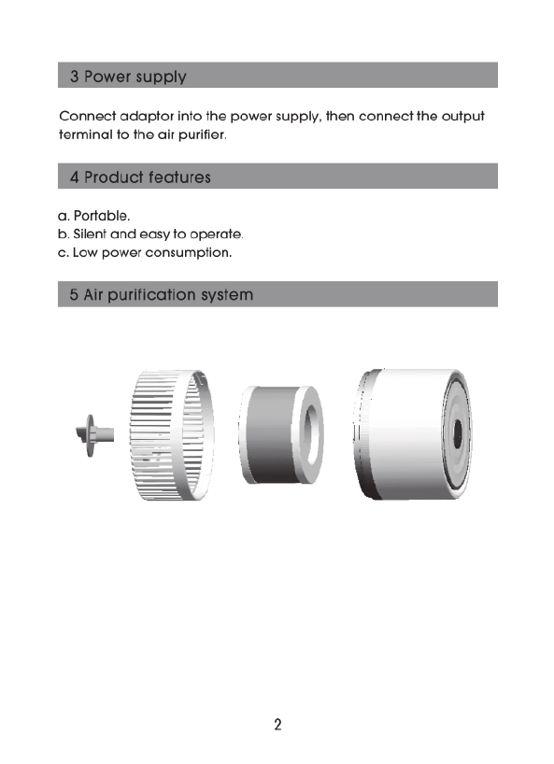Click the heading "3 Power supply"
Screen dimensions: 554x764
(x=128, y=77)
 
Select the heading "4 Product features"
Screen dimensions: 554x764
(x=140, y=177)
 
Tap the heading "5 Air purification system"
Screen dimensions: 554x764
(x=162, y=295)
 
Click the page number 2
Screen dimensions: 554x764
(x=277, y=725)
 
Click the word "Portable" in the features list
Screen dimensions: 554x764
(x=101, y=216)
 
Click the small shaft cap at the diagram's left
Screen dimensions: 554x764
(x=94, y=435)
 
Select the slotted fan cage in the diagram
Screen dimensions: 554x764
(x=172, y=435)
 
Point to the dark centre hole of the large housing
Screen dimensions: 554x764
(x=458, y=433)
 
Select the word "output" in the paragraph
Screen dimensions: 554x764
(x=462, y=117)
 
